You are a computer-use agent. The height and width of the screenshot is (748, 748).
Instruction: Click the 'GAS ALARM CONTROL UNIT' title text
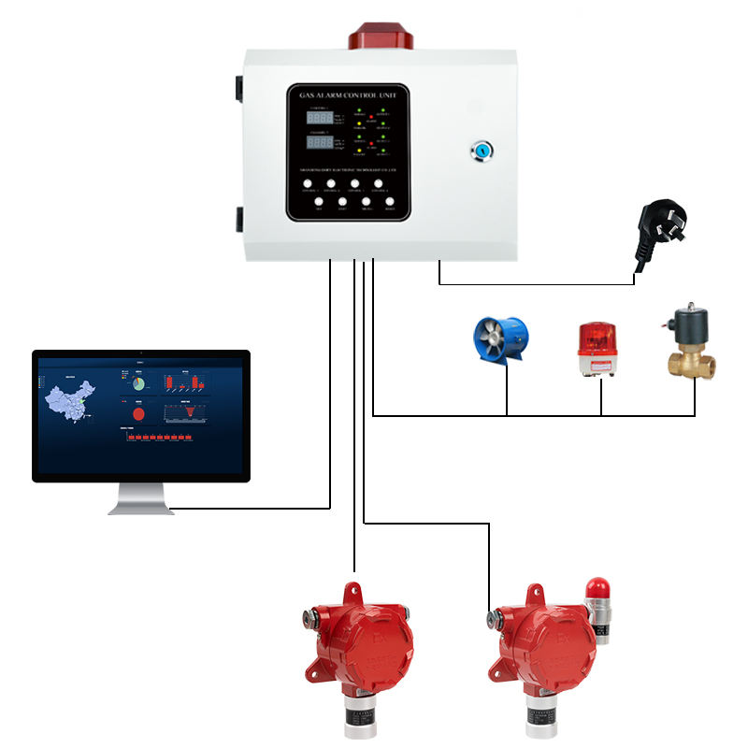click(x=348, y=95)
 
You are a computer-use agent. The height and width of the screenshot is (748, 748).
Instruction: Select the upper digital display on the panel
click(x=319, y=120)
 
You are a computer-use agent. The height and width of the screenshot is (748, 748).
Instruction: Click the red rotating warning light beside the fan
click(x=599, y=350)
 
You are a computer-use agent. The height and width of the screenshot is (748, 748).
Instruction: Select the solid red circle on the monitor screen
click(x=137, y=412)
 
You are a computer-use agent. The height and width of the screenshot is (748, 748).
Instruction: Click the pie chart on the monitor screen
click(x=137, y=383)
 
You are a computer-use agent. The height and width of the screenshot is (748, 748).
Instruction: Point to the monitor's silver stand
click(x=141, y=499)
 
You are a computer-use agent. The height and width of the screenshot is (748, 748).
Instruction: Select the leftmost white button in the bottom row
click(x=318, y=201)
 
